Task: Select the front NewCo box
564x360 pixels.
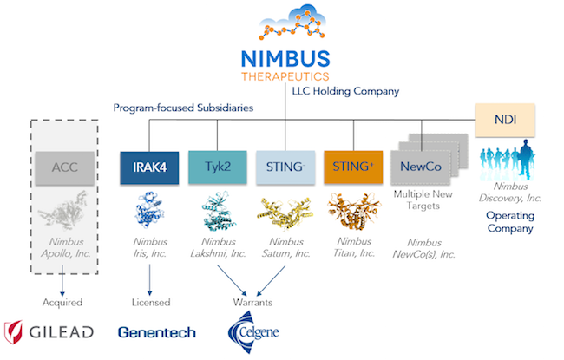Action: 419,167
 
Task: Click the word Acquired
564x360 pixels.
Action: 62,303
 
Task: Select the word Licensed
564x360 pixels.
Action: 150,303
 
